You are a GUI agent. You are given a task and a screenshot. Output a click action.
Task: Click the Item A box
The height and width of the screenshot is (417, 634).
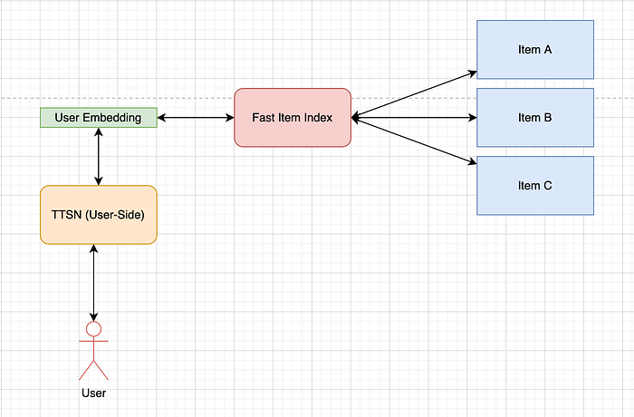click(x=535, y=49)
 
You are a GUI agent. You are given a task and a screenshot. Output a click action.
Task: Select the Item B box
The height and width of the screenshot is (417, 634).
click(x=535, y=118)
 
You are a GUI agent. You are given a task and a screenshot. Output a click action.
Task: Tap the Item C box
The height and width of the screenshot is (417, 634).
click(x=535, y=186)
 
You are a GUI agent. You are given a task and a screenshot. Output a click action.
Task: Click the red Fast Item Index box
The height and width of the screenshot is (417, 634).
click(x=293, y=118)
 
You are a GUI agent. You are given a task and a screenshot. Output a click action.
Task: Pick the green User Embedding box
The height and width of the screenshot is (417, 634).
click(x=99, y=118)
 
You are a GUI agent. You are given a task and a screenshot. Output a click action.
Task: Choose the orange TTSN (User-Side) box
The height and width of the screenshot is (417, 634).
click(x=99, y=215)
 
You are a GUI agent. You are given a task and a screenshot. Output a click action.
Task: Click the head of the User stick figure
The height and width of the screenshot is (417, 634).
click(x=94, y=329)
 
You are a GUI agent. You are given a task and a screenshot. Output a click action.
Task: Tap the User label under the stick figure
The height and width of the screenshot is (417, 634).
click(x=94, y=393)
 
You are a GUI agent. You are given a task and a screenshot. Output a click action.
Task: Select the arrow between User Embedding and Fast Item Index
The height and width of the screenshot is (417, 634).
click(x=196, y=118)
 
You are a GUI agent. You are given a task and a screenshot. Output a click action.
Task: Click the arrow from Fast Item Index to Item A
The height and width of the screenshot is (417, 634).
click(x=414, y=95)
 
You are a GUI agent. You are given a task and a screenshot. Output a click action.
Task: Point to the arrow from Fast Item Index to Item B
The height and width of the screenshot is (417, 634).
click(x=414, y=118)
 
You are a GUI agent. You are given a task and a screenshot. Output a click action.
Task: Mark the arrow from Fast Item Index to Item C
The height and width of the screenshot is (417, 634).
click(x=414, y=141)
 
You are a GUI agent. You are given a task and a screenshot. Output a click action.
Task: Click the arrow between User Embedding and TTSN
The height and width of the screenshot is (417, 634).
click(x=99, y=156)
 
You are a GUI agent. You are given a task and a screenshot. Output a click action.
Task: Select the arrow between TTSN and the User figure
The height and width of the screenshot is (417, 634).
click(x=94, y=283)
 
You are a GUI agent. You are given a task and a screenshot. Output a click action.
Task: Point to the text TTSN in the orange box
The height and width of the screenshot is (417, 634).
click(x=67, y=215)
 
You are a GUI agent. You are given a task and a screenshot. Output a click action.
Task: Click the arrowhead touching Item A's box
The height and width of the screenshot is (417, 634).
click(x=473, y=73)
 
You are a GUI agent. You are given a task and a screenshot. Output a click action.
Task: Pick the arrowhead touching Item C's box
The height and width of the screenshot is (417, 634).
click(x=473, y=162)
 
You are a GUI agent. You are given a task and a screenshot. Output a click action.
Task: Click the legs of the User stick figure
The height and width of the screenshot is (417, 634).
click(x=94, y=370)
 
